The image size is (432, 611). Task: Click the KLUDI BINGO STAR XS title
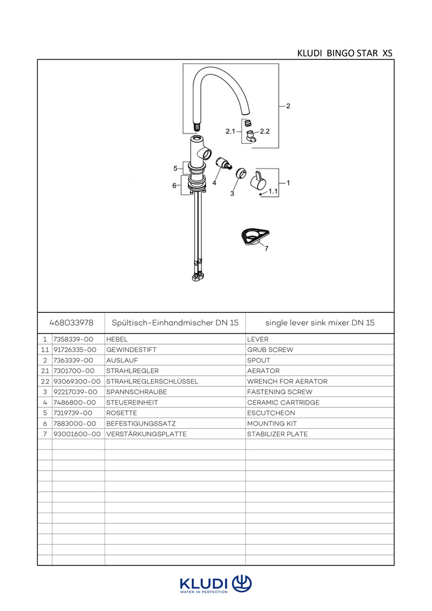[x=344, y=53]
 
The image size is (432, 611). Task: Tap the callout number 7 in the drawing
[x=266, y=247]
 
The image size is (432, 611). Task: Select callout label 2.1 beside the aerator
[x=230, y=131]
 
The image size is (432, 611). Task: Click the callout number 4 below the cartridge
[x=214, y=183]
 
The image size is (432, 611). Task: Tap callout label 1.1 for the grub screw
[x=273, y=192]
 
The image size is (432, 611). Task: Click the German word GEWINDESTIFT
[x=131, y=350]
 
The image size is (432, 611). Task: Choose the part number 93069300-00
[x=77, y=381]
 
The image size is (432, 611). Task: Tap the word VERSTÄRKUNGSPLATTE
[x=146, y=434]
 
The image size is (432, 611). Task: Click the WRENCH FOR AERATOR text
[x=287, y=381]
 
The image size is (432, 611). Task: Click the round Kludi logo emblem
[x=241, y=583]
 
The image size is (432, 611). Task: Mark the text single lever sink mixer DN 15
[x=320, y=322]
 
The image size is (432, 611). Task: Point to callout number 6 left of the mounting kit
[x=174, y=186]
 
